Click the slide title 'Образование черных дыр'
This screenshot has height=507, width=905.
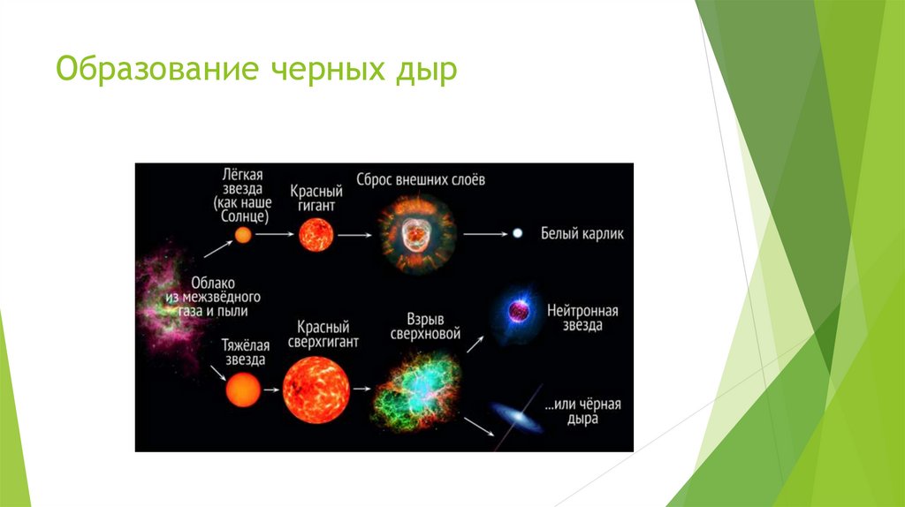pos(256,69)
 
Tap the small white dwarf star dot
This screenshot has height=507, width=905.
pos(518,233)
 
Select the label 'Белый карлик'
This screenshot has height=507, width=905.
pos(582,233)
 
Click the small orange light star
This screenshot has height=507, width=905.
pos(243,235)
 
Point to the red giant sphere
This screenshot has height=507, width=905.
pos(316,235)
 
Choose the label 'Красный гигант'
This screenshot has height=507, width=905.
pos(316,198)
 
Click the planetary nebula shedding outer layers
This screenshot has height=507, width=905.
pos(417,233)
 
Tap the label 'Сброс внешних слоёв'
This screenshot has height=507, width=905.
pos(420,179)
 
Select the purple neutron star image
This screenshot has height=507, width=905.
pos(518,313)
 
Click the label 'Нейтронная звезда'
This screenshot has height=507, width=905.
pos(582,318)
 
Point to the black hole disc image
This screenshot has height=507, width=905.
pos(518,416)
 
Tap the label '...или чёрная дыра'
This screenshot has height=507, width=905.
pos(583,412)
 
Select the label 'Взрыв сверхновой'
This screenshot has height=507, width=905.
pos(425,327)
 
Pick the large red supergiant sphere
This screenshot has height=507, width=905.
pos(316,390)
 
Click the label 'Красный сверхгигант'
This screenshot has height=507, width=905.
pos(323,335)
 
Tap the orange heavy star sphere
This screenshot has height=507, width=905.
pos(243,390)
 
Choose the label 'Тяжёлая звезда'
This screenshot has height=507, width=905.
pos(246,352)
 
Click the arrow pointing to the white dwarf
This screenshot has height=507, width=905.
pos(485,233)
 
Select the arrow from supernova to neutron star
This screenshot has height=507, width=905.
pos(475,344)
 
